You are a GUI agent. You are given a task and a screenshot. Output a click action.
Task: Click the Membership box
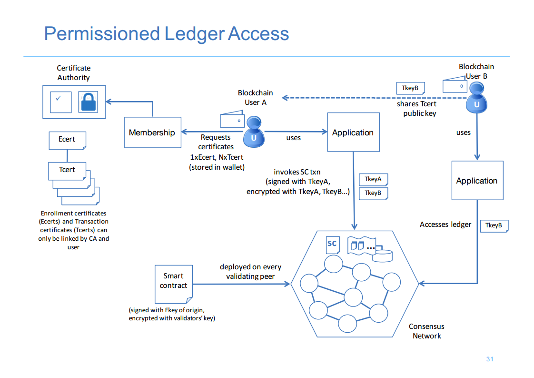pyautogui.click(x=153, y=133)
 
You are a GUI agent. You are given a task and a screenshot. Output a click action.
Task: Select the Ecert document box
pyautogui.click(x=68, y=141)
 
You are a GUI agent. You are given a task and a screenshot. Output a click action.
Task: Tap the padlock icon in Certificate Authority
pyautogui.click(x=88, y=102)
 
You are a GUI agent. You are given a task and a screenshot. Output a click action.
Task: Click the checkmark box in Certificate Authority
pyautogui.click(x=60, y=102)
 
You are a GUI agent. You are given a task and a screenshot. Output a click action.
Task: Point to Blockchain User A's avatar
pyautogui.click(x=254, y=132)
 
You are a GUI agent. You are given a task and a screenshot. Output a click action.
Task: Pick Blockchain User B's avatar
pyautogui.click(x=476, y=98)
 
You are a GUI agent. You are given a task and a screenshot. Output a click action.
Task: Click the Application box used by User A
pyautogui.click(x=354, y=132)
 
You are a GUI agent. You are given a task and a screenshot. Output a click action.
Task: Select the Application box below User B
pyautogui.click(x=477, y=181)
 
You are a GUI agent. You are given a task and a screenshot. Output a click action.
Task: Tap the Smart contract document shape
pyautogui.click(x=174, y=284)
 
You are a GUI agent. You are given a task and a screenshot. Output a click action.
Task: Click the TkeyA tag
pyautogui.click(x=374, y=179)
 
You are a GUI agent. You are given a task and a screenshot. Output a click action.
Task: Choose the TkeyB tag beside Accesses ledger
pyautogui.click(x=494, y=225)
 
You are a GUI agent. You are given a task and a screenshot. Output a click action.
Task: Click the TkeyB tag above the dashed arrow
pyautogui.click(x=411, y=88)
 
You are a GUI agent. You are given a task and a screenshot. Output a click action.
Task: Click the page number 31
pyautogui.click(x=490, y=359)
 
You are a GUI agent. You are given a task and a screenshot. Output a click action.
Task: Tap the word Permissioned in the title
pyautogui.click(x=102, y=34)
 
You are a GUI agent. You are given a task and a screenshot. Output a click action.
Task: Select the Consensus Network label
pyautogui.click(x=427, y=331)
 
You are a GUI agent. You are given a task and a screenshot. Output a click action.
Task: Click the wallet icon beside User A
pyautogui.click(x=232, y=119)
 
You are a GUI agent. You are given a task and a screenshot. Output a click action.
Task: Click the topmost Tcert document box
pyautogui.click(x=67, y=171)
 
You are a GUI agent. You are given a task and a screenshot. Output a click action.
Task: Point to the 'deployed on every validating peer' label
pyautogui.click(x=251, y=272)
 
